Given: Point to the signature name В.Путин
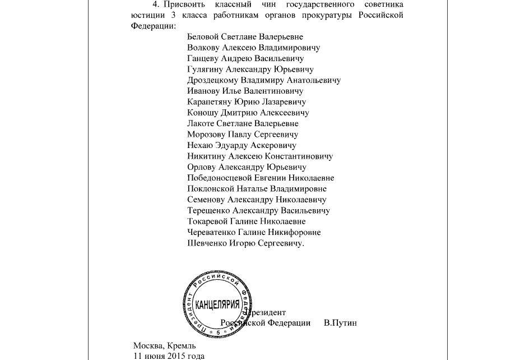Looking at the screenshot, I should [x=340, y=323].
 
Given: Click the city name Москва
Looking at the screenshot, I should [x=147, y=346].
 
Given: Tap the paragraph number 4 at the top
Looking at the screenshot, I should [x=155, y=4].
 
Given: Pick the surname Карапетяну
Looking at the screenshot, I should [x=210, y=102].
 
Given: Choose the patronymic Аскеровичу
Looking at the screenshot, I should [x=274, y=145].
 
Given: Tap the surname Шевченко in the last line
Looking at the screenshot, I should [x=207, y=243].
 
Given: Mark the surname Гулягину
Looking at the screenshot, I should [x=205, y=70].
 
